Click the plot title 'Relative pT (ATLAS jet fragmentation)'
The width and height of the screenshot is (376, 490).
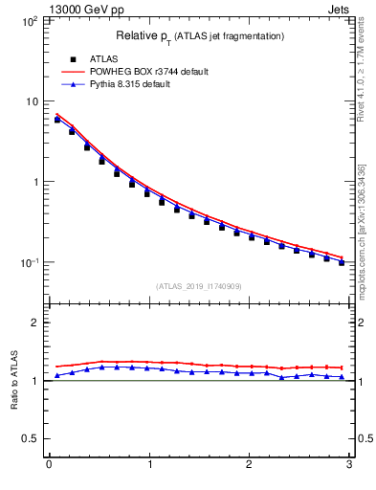[x=200, y=36]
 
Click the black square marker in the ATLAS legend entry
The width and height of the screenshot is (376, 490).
[x=73, y=59]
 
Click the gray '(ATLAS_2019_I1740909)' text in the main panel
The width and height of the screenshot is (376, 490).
[x=199, y=286]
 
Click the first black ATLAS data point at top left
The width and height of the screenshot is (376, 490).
[x=57, y=120]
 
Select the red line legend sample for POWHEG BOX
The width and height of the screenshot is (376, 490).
[x=73, y=72]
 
